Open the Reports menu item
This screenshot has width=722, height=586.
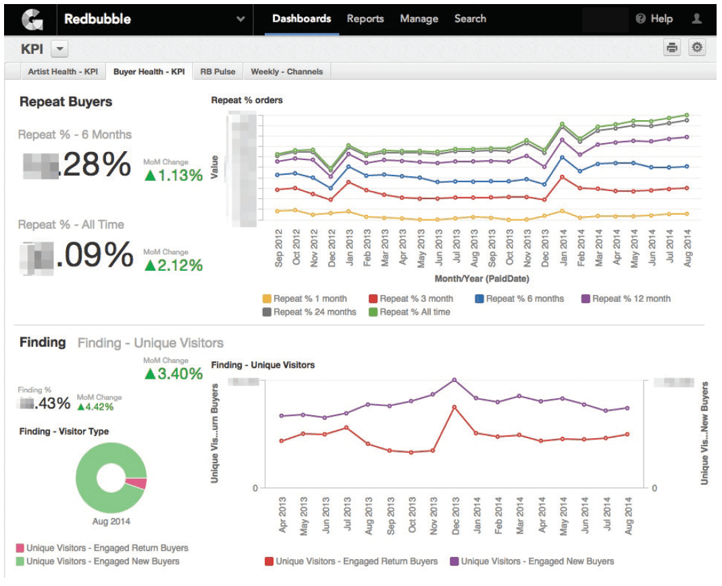[365, 19]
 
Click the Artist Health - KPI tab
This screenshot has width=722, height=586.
[63, 72]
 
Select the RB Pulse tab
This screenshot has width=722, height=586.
[217, 72]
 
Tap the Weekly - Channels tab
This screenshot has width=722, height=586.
[286, 72]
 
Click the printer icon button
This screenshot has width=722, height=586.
[672, 47]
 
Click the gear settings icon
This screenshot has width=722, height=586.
[697, 47]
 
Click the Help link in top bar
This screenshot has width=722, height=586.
[654, 19]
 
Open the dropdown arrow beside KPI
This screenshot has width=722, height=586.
[59, 49]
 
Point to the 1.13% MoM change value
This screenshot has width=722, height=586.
[174, 176]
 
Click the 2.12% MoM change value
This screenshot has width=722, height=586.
[174, 265]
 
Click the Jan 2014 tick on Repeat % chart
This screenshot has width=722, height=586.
[562, 248]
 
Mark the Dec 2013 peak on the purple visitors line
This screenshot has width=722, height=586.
[454, 379]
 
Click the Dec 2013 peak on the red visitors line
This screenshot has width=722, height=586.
[454, 407]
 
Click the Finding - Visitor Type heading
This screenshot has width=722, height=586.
[64, 431]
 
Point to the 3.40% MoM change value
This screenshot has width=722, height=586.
[174, 373]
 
